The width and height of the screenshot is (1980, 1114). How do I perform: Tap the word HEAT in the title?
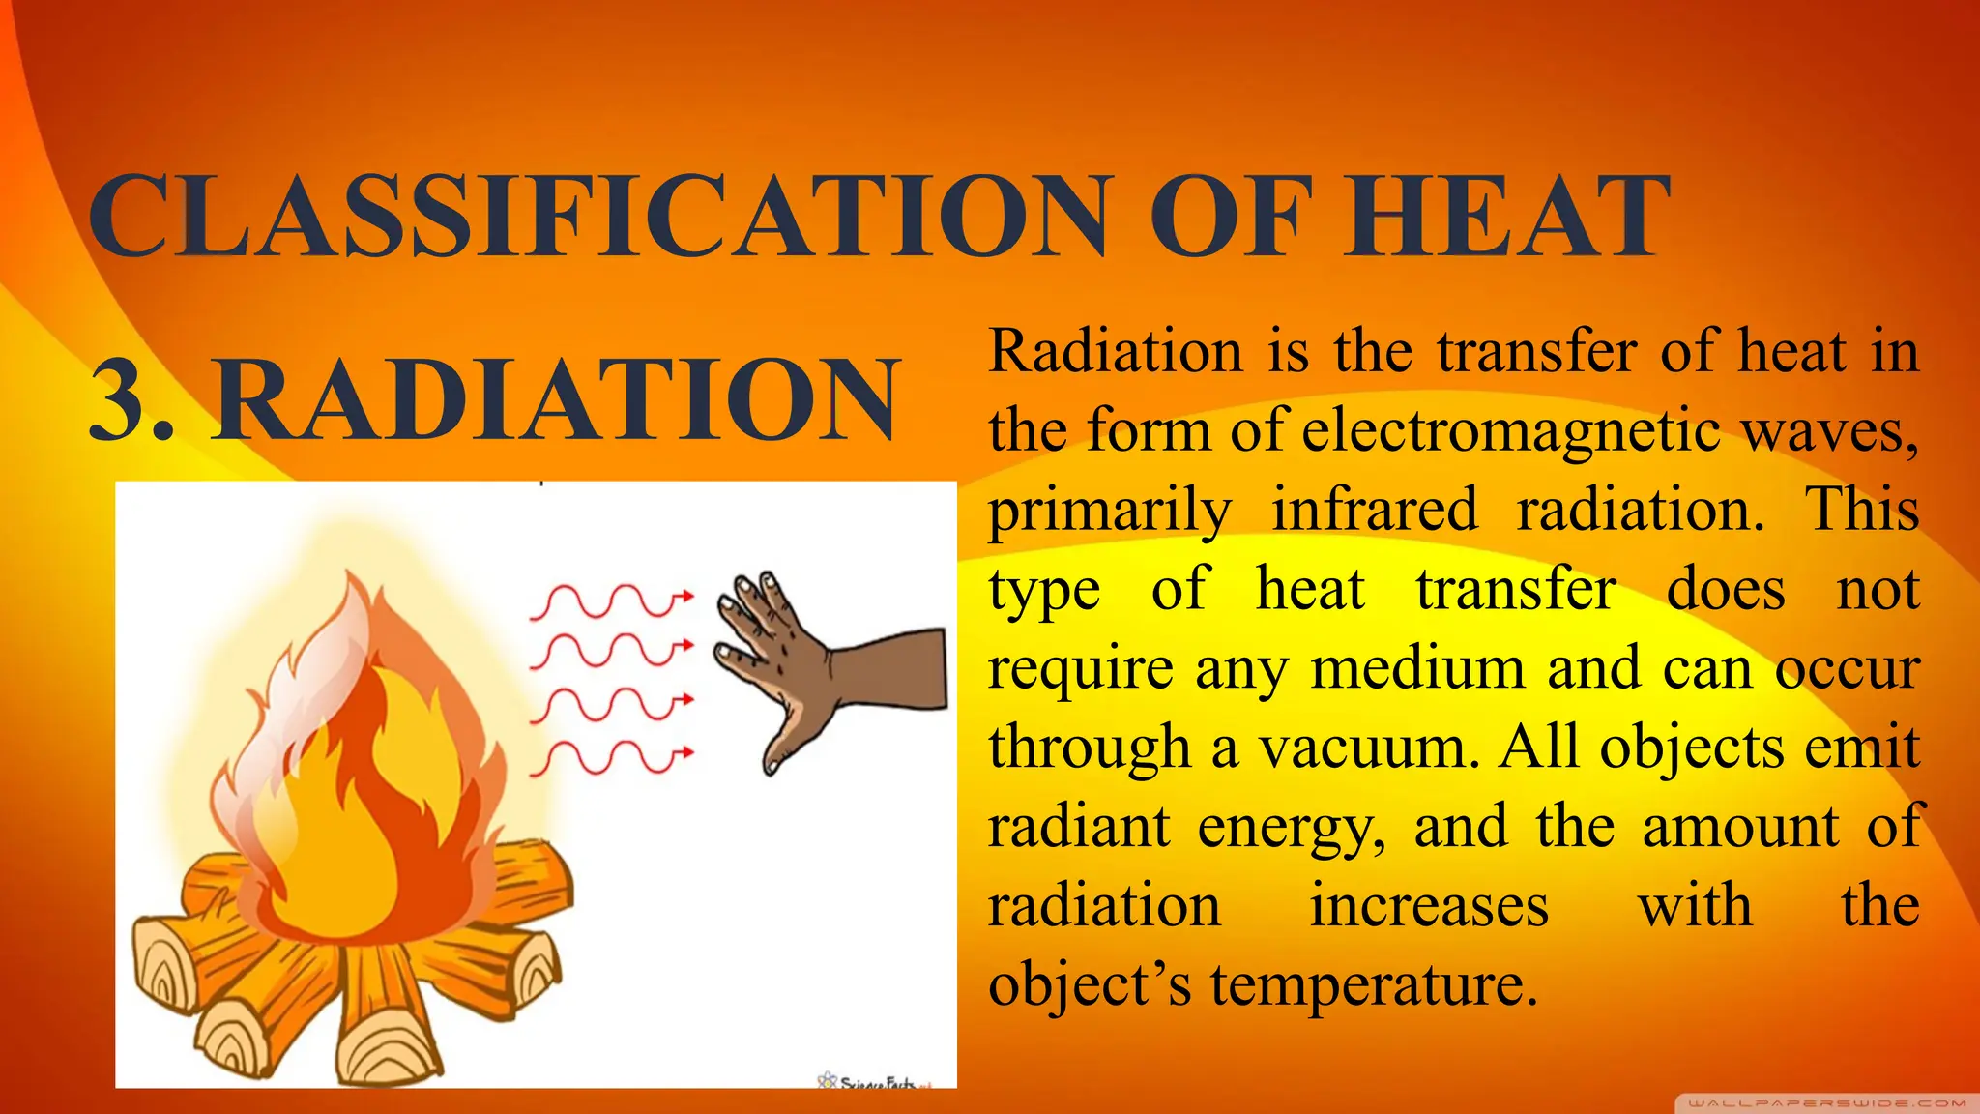1508,218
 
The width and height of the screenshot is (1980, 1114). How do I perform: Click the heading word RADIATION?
556,398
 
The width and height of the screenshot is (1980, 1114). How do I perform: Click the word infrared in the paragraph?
1374,509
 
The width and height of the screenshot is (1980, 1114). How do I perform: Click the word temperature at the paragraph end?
1373,985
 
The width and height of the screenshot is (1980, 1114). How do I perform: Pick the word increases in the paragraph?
1429,906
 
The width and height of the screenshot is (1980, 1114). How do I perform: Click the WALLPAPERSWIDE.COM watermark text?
1826,1102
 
